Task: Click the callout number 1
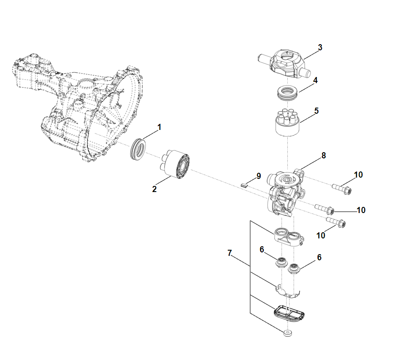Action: coord(159,127)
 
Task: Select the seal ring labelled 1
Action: coord(140,149)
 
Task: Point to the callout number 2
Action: coord(154,189)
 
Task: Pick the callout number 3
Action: coord(320,47)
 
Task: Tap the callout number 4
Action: coord(315,80)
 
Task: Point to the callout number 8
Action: coord(323,155)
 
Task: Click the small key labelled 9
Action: coord(245,185)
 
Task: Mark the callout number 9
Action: coord(258,176)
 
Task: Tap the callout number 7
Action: coord(229,253)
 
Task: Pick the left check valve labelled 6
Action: coord(280,262)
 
